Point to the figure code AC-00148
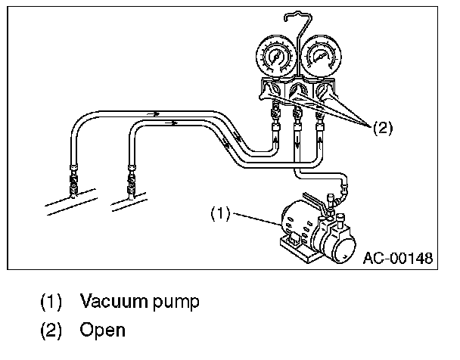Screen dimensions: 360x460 tap(397, 258)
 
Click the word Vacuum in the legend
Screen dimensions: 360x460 tap(112, 303)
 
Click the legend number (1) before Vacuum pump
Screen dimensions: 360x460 tap(52, 303)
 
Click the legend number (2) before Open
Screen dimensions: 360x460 tap(52, 331)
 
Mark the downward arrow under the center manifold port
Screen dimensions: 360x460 tap(297, 141)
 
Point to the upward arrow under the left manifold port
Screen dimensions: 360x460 tap(275, 139)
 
